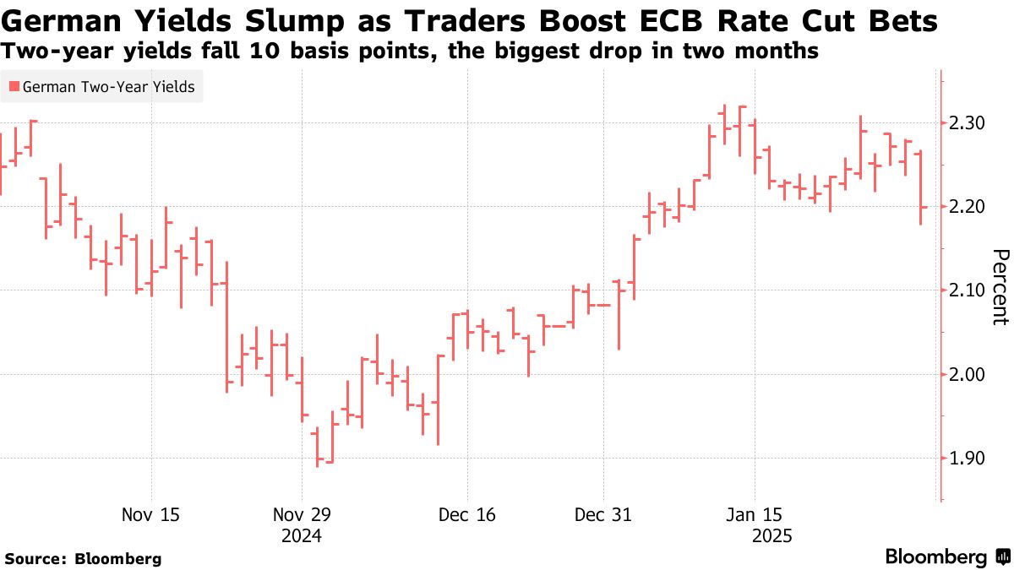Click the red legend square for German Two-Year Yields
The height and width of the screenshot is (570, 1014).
[13, 86]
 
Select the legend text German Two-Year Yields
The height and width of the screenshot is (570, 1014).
[108, 86]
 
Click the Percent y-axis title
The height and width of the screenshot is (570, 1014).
[1000, 287]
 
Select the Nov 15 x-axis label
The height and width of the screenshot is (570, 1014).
[150, 514]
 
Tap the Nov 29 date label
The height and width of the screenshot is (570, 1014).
[302, 514]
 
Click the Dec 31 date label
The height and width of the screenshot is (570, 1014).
[603, 514]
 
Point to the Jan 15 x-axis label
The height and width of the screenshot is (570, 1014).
[755, 514]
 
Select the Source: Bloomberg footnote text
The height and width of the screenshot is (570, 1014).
[83, 558]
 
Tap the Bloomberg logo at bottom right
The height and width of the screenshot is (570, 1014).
[946, 557]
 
